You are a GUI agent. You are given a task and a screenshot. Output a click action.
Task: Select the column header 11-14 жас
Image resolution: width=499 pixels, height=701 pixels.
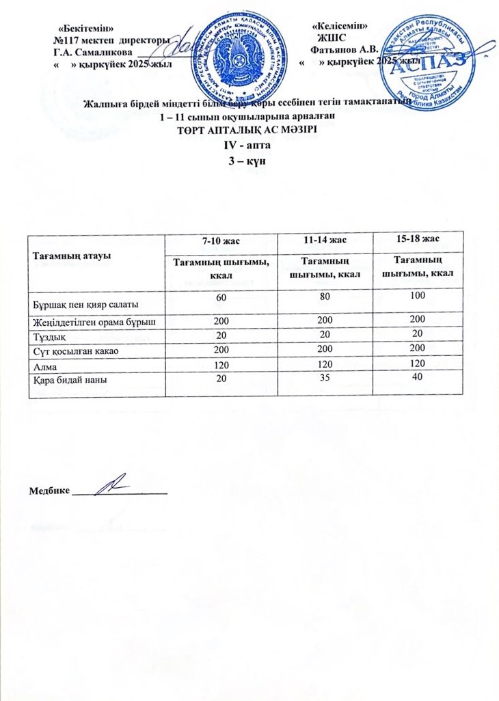[325, 240]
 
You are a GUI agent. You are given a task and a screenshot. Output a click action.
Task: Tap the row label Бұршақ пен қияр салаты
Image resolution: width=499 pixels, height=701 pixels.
[87, 302]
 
